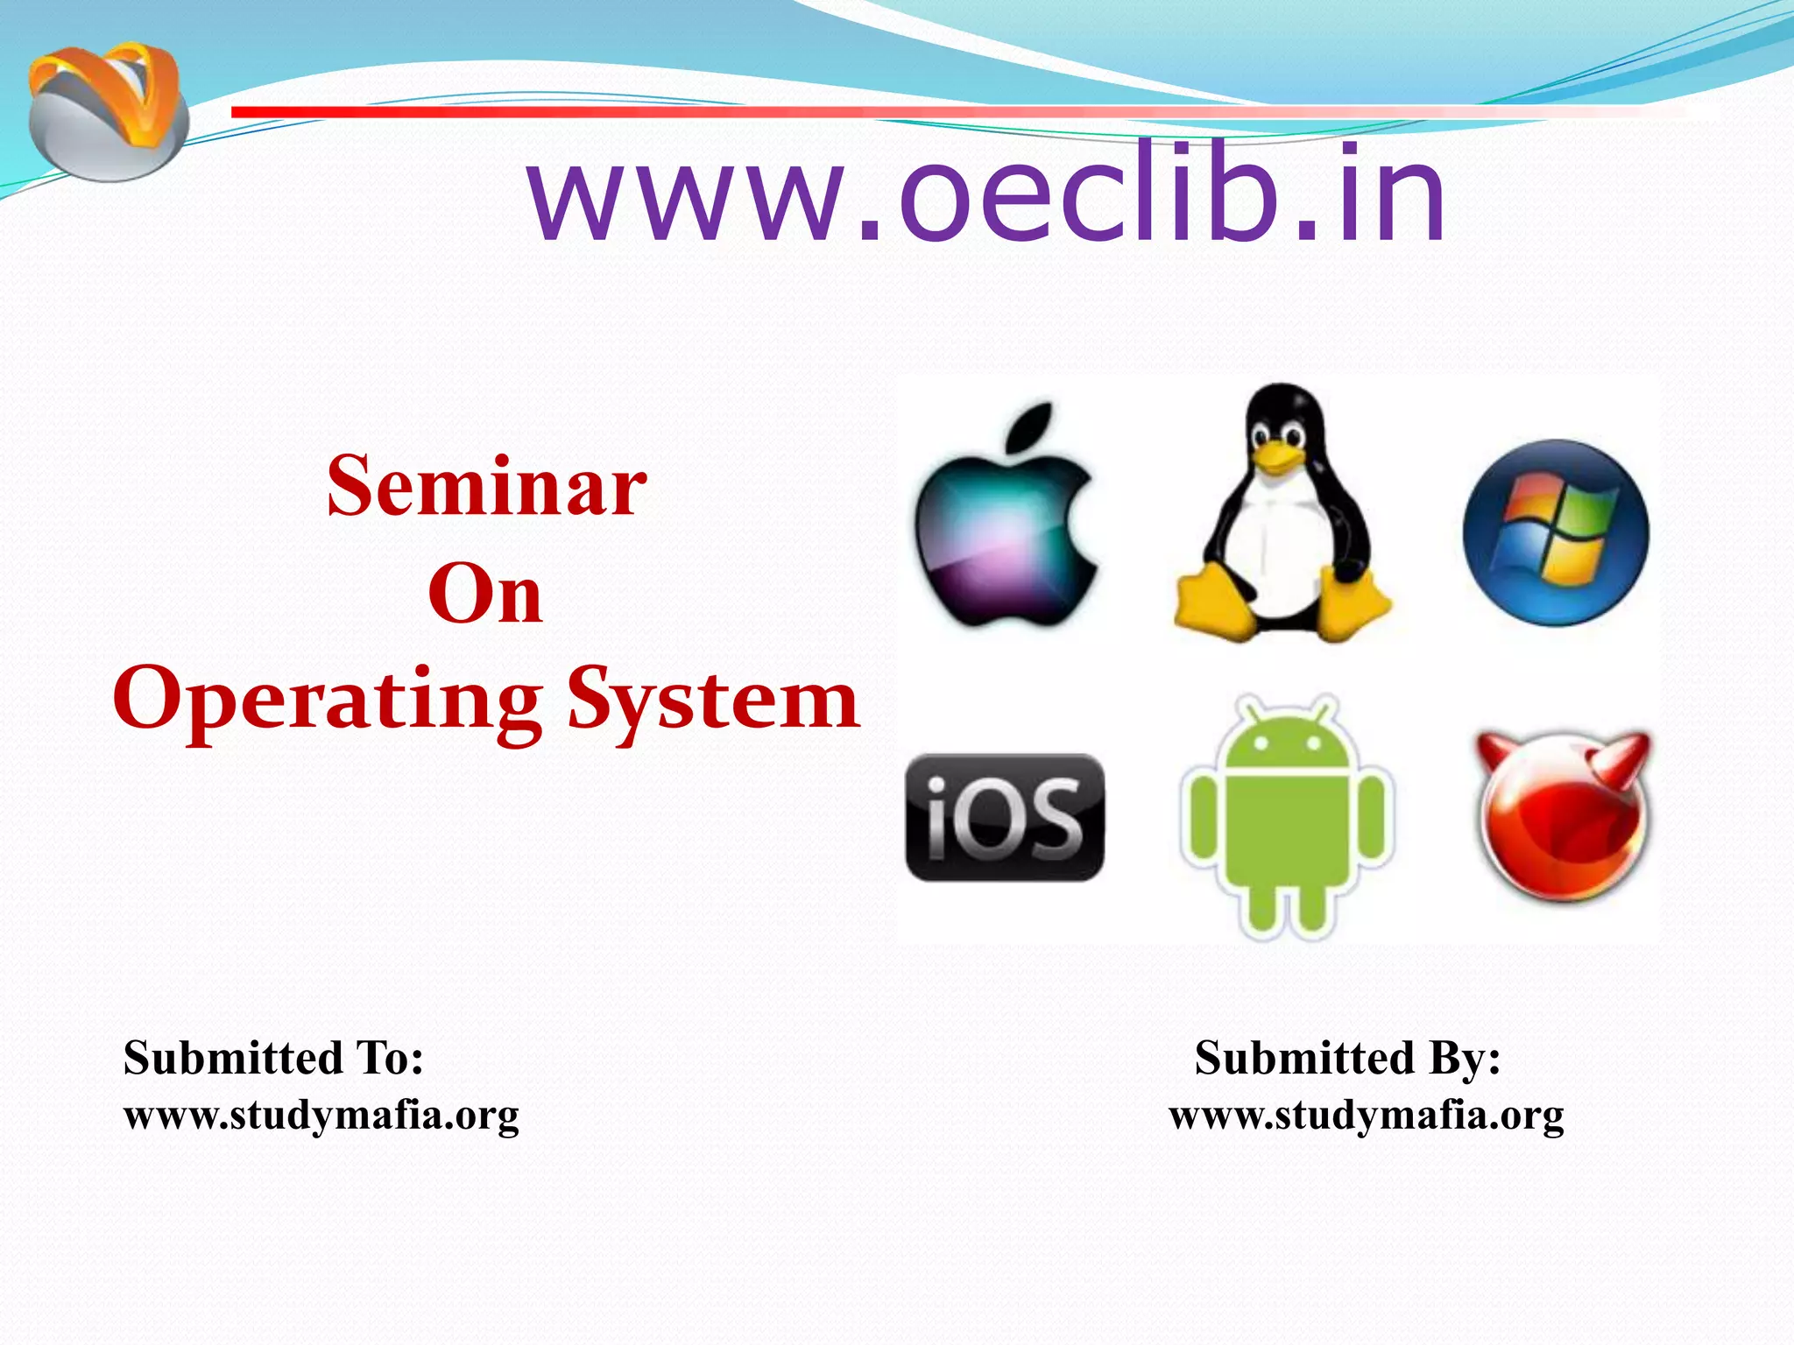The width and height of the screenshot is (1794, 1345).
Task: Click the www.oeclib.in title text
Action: [985, 194]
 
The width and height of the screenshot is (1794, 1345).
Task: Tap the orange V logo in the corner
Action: [107, 109]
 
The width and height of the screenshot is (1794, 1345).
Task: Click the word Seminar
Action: [486, 487]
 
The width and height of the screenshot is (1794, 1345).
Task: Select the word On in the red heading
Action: [484, 595]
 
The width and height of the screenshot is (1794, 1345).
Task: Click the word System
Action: [713, 701]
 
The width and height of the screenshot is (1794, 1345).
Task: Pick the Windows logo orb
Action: [1556, 532]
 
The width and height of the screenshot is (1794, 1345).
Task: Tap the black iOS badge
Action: [1005, 818]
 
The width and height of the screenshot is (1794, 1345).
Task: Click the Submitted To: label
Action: [273, 1058]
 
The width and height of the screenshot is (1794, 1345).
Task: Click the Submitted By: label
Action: [1347, 1058]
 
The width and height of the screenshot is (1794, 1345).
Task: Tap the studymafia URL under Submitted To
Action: [321, 1116]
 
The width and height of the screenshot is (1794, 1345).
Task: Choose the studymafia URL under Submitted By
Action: [1366, 1116]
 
